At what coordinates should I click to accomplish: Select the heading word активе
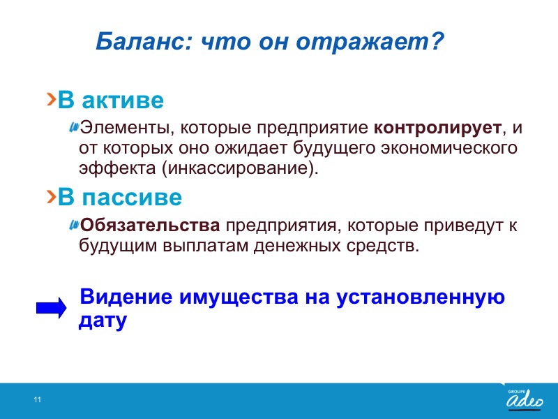coord(123,101)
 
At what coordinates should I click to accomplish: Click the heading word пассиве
coord(132,198)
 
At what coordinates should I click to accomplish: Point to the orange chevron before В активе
coord(52,99)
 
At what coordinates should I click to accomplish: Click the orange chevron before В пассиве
coord(52,196)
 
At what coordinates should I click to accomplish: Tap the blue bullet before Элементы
coord(74,126)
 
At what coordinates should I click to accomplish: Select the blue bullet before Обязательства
coord(74,224)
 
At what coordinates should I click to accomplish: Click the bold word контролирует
coord(437,128)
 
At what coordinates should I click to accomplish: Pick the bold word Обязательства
coord(150,225)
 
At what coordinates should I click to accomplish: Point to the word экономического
coord(448,148)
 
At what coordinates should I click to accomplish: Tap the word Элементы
coord(124,128)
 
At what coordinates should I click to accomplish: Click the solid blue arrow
coord(51,307)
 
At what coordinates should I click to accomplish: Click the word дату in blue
coord(103,321)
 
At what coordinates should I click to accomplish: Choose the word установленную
coord(421,298)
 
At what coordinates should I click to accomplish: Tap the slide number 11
coord(38,399)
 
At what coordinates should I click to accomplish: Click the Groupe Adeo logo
coord(525,399)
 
